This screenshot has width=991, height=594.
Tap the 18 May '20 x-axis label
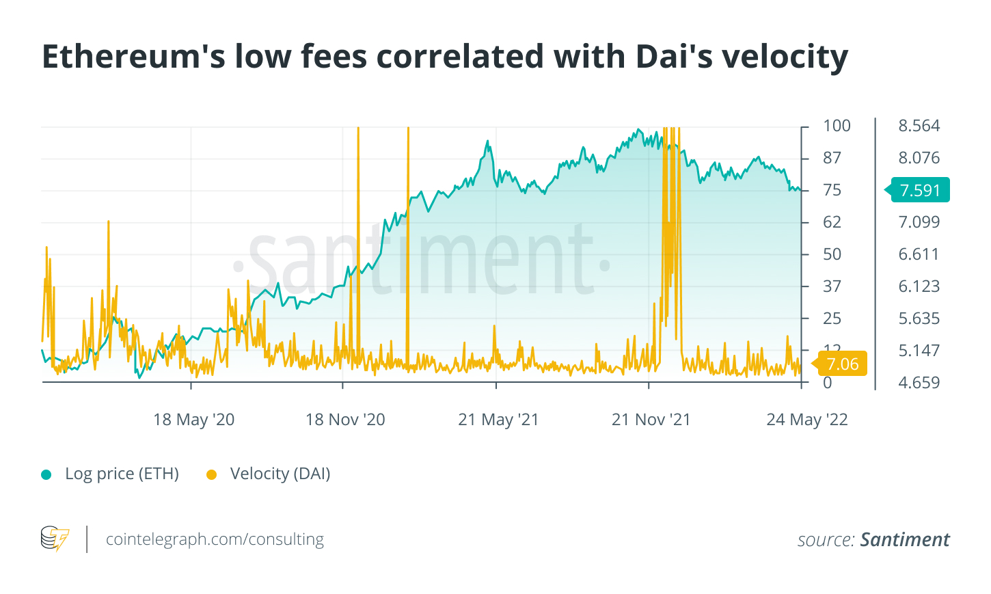193,420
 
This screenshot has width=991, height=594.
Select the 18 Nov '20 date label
345,420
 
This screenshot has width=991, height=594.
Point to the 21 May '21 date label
498,420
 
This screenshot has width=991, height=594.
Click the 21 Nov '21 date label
651,420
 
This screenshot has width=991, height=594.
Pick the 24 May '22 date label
806,420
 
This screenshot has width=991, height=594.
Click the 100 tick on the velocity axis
837,126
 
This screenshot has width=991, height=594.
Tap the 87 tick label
832,158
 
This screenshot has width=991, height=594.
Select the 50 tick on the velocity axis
832,254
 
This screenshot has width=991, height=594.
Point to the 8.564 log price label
919,126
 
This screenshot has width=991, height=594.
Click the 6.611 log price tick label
919,254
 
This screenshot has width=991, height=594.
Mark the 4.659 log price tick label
919,383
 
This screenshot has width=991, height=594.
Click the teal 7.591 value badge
920,190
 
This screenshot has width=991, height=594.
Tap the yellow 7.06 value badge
841,364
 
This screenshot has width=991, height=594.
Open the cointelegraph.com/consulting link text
215,539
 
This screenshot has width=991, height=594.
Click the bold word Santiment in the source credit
904,540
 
